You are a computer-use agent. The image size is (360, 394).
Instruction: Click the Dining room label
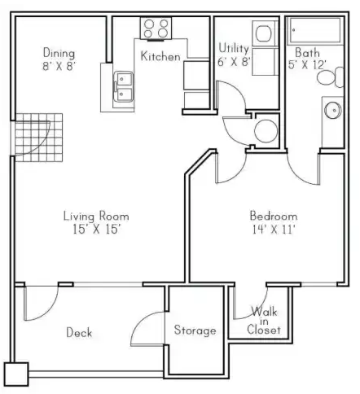point(59,53)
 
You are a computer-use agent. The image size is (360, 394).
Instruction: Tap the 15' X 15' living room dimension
point(96,230)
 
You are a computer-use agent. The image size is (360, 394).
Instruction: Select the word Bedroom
point(274,216)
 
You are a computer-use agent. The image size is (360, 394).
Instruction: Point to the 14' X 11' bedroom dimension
point(274,230)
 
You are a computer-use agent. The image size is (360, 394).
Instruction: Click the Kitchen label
point(160,56)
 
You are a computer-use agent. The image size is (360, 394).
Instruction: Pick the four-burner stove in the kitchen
point(156,28)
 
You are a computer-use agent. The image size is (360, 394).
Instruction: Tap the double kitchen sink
point(124,86)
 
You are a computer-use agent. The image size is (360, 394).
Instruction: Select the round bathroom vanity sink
point(333,110)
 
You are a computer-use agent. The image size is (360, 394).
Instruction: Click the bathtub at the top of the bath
point(315,30)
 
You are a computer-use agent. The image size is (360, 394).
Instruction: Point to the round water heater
point(266,131)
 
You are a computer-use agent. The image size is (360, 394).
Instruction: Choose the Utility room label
point(234,48)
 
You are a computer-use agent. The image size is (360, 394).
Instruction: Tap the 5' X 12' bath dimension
point(307,65)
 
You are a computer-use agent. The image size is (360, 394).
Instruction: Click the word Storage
point(195,331)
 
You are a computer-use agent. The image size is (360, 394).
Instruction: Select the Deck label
point(79,332)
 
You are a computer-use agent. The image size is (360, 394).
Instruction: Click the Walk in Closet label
point(264,321)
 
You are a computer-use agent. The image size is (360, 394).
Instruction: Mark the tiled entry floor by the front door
point(39,138)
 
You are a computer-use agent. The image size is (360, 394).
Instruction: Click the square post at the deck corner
point(16,374)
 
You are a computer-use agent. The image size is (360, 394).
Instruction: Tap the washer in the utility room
point(266,33)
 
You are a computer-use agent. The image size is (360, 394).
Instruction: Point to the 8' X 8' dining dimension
point(59,66)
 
